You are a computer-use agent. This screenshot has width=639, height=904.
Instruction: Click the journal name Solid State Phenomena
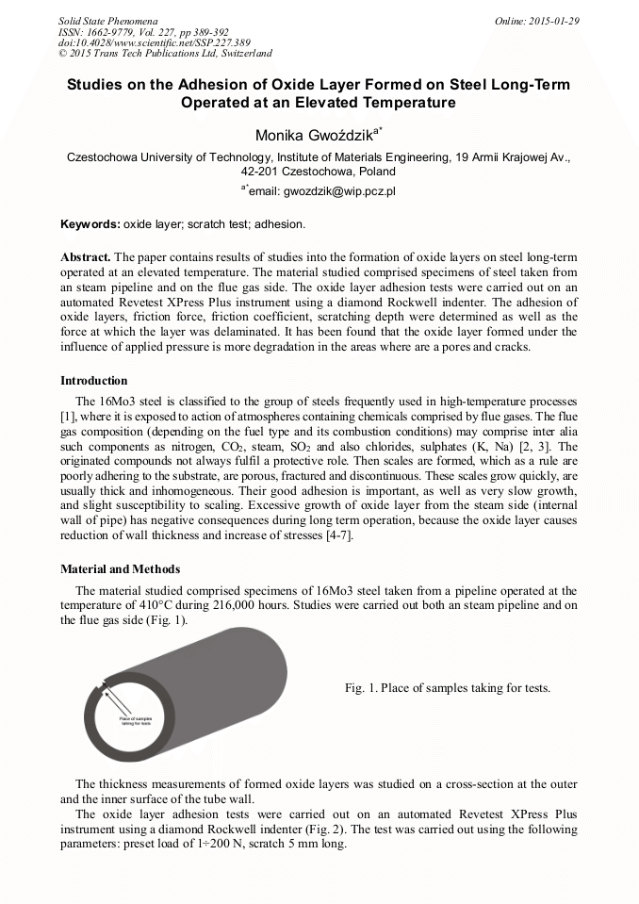click(x=107, y=21)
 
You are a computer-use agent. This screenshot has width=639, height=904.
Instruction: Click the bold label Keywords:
click(x=90, y=225)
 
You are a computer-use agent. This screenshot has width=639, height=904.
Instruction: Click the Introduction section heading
click(x=94, y=381)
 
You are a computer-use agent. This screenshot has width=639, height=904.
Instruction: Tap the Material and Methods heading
click(x=121, y=569)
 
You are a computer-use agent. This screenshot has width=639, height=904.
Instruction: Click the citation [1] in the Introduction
click(x=68, y=416)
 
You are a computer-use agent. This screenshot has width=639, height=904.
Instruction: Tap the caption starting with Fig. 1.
click(x=447, y=688)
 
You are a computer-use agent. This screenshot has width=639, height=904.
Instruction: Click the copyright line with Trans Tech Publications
click(x=164, y=54)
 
